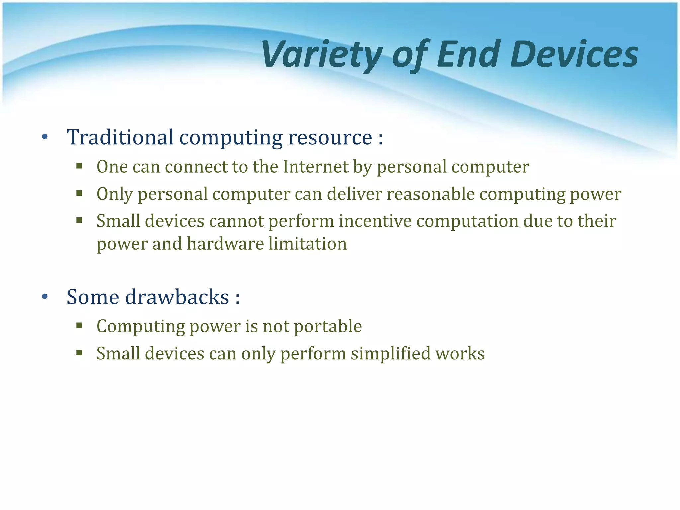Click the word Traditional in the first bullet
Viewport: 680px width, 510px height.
[x=120, y=137]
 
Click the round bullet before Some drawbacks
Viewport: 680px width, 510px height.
[x=45, y=296]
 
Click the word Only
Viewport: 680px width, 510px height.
[x=115, y=194]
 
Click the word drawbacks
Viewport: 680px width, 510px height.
[x=177, y=297]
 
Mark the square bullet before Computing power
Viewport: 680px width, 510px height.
[x=79, y=325]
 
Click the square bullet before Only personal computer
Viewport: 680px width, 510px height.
[x=79, y=193]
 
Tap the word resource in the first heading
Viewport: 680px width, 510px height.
[x=330, y=137]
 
